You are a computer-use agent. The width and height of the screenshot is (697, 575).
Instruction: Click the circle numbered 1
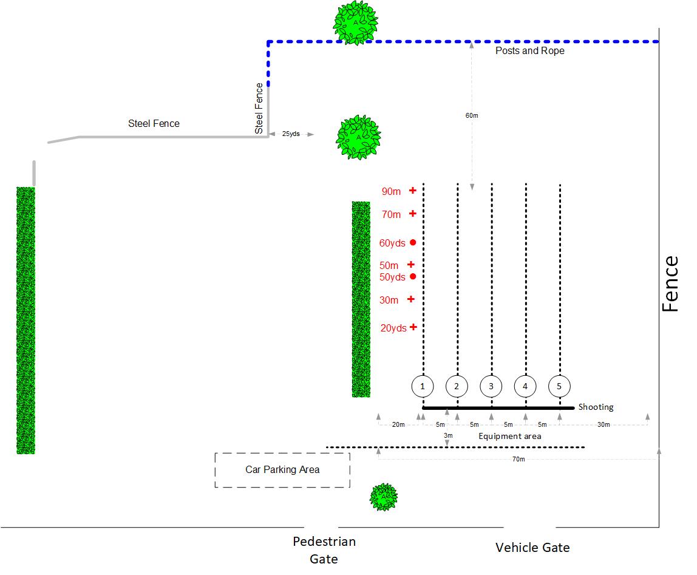click(x=423, y=386)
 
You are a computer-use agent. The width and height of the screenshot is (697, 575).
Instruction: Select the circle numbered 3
click(x=491, y=386)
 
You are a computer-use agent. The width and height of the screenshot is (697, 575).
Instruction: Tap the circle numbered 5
click(x=559, y=386)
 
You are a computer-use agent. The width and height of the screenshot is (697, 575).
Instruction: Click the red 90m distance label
click(x=391, y=192)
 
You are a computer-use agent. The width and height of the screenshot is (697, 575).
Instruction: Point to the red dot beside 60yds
click(x=413, y=242)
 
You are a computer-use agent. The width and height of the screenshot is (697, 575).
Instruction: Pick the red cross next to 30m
click(x=411, y=299)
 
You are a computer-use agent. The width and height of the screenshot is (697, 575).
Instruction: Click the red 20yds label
click(x=393, y=328)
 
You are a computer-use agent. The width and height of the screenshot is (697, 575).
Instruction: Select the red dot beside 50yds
click(x=413, y=277)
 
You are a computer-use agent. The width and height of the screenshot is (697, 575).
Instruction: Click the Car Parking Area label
click(x=282, y=469)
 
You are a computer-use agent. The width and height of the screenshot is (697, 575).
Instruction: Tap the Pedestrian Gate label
click(x=324, y=550)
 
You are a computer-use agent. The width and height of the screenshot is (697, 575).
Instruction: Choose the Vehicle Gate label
click(x=532, y=548)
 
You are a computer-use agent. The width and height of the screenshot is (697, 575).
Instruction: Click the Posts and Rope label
click(x=529, y=51)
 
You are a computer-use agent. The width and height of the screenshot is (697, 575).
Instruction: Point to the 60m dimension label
click(x=472, y=115)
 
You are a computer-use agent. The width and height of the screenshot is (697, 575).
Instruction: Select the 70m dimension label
click(x=518, y=460)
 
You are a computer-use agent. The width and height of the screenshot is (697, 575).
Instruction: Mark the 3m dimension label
click(x=447, y=436)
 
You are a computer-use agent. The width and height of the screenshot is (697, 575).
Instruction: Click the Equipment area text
click(x=509, y=436)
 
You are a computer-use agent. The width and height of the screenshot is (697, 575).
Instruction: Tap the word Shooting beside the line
click(x=596, y=407)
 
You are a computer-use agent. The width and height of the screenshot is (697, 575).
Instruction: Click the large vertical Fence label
click(x=670, y=284)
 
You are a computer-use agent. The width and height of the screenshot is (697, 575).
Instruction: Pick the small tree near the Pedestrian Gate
click(x=384, y=497)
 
